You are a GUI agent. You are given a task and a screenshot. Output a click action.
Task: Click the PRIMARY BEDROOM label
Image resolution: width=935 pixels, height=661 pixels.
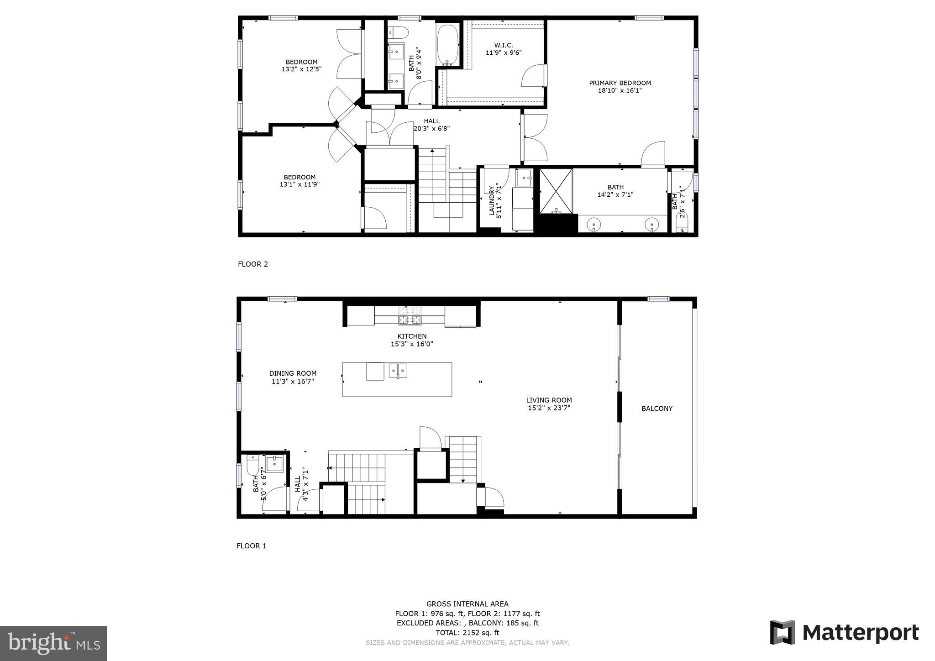tap(620, 83)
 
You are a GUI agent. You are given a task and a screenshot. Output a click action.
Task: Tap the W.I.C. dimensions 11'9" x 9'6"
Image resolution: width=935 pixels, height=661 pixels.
tap(503, 52)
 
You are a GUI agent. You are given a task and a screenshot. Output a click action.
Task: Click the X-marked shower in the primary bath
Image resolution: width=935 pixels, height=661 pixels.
tap(556, 191)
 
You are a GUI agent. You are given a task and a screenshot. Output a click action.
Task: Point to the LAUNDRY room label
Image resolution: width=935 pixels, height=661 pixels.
tap(492, 201)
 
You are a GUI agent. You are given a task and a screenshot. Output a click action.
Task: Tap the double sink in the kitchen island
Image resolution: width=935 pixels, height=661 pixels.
tap(398, 370)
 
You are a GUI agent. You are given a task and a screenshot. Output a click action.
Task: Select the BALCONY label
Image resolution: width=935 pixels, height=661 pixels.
tap(657, 409)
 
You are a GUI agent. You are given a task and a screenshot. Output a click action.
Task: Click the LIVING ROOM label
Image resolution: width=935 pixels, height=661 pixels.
tap(549, 400)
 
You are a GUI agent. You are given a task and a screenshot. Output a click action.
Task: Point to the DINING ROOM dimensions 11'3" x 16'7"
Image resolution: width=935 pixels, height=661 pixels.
tap(293, 381)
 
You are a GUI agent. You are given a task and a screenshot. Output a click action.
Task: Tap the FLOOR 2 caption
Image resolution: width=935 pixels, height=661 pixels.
tap(252, 264)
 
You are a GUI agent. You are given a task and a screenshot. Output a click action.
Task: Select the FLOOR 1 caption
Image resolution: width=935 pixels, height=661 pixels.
tap(251, 546)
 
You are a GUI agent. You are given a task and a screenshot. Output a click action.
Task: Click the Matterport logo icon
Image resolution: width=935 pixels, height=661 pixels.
tap(783, 632)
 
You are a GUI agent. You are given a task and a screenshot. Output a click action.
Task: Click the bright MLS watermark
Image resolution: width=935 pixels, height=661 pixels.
tap(53, 643)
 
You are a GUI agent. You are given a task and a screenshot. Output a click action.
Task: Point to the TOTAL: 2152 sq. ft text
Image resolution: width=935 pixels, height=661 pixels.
tap(467, 633)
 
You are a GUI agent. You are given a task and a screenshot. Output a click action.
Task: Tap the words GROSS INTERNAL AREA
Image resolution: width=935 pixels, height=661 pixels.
tap(467, 604)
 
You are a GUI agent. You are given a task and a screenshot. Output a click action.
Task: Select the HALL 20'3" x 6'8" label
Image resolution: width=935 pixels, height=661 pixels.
tap(431, 125)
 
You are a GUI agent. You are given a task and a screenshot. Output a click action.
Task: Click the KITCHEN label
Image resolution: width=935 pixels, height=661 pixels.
tap(412, 336)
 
